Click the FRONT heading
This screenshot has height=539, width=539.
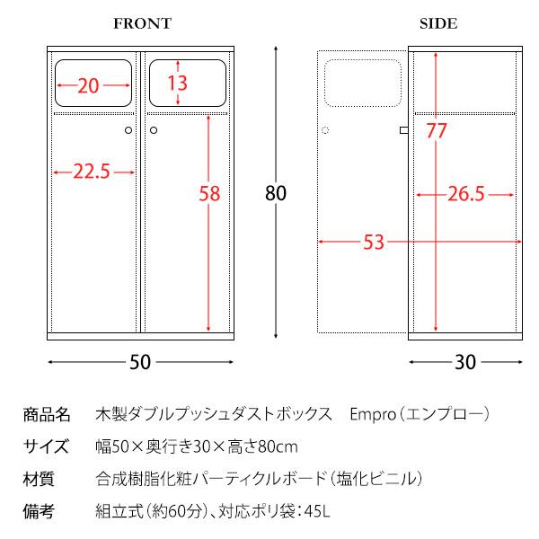[x=142, y=24]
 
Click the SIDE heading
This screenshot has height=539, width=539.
[x=438, y=24]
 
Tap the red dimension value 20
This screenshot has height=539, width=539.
[x=88, y=86]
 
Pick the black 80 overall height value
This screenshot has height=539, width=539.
[x=275, y=192]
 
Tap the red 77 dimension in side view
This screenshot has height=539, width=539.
[x=437, y=131]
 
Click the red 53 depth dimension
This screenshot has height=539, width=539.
[x=374, y=242]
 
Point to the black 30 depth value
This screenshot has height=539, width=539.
[x=464, y=362]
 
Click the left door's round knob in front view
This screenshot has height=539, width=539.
[x=128, y=131]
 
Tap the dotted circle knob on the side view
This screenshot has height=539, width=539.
[x=325, y=131]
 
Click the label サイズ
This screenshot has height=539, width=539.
[x=45, y=446]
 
